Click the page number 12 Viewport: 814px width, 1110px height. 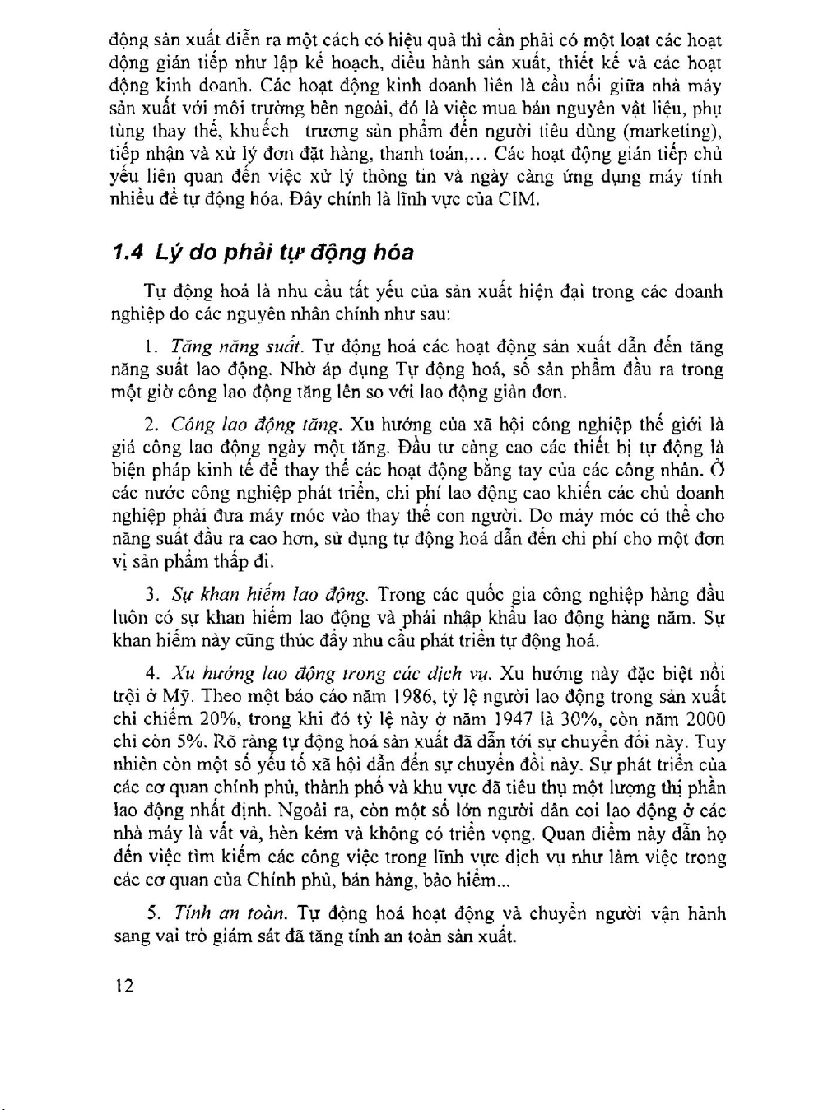(x=124, y=986)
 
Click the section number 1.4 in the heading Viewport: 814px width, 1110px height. (x=128, y=252)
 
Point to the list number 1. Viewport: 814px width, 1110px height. (x=150, y=347)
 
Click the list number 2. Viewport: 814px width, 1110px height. (x=151, y=425)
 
